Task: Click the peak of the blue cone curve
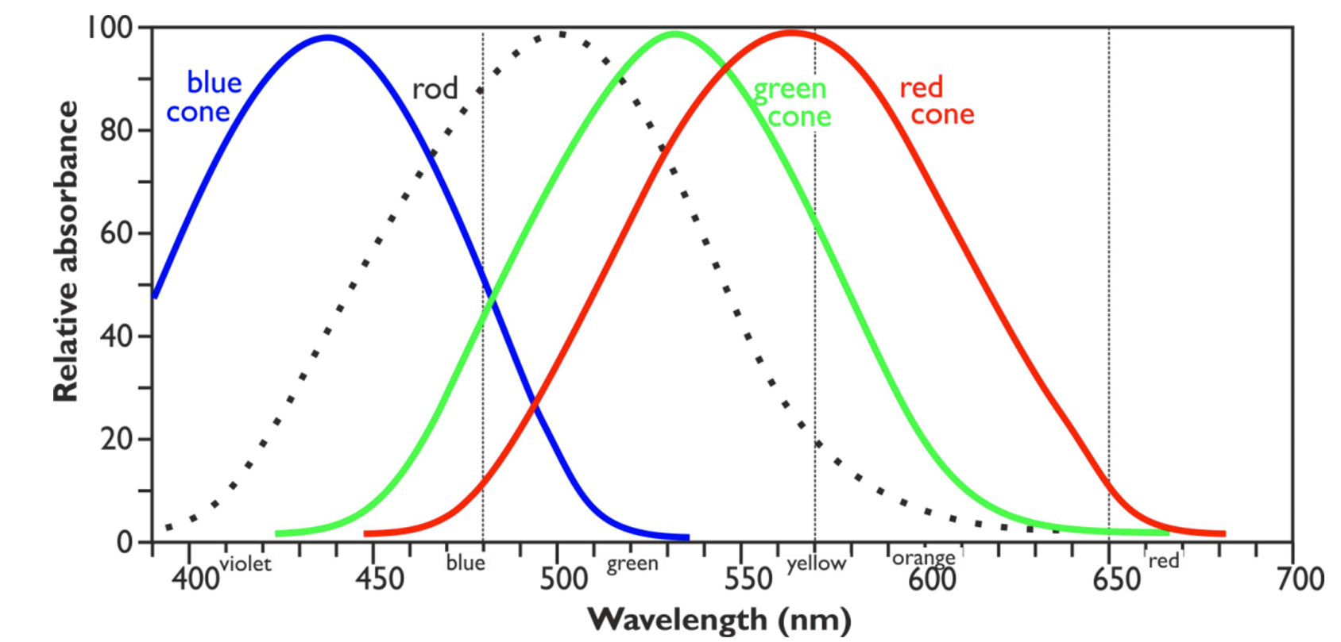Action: (x=327, y=37)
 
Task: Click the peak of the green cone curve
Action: (x=674, y=34)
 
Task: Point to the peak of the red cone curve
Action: (x=791, y=33)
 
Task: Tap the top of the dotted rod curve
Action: (x=560, y=34)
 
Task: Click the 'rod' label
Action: (x=435, y=89)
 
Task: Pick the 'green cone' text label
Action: (x=792, y=102)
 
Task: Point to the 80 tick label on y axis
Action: (x=116, y=130)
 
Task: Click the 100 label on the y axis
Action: (x=110, y=28)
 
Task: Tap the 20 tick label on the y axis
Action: (x=116, y=439)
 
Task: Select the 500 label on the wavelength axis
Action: (x=563, y=580)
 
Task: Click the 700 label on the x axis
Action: (x=1300, y=580)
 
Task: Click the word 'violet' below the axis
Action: (x=245, y=563)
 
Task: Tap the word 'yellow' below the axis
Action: (x=816, y=563)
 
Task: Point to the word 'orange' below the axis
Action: (x=923, y=558)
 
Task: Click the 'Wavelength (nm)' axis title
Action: (x=719, y=619)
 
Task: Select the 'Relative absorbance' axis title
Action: (x=66, y=251)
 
